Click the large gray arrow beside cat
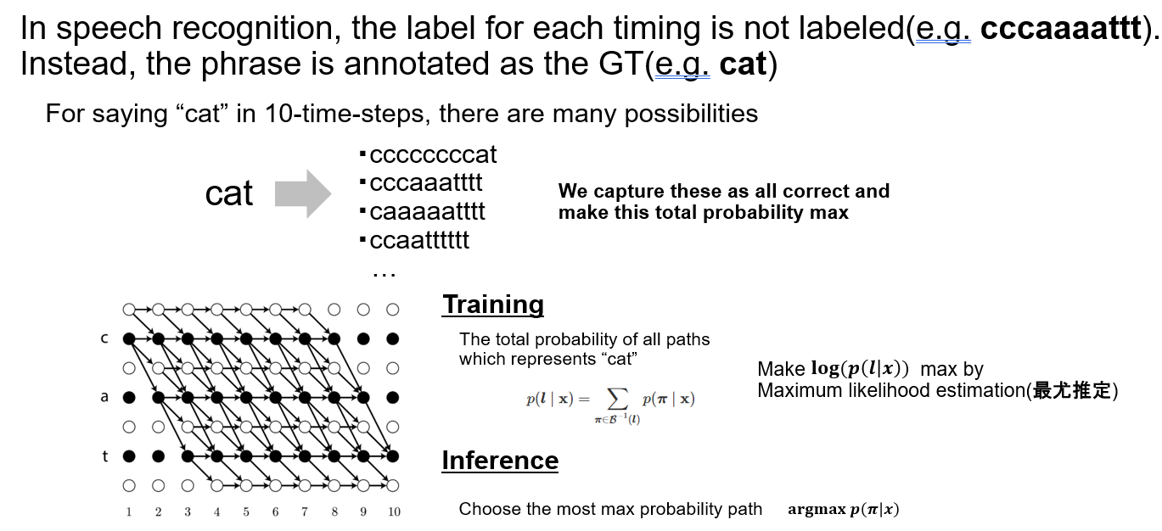pyautogui.click(x=303, y=194)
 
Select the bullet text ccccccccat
pyautogui.click(x=433, y=154)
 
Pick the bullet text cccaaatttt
pyautogui.click(x=426, y=182)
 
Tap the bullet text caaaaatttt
pyautogui.click(x=427, y=211)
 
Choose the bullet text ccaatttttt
pyautogui.click(x=419, y=240)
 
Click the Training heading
pyautogui.click(x=493, y=305)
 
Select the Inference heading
pyautogui.click(x=500, y=461)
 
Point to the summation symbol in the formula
pyautogui.click(x=617, y=400)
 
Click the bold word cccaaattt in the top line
pyautogui.click(x=1061, y=28)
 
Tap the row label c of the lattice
pyautogui.click(x=104, y=338)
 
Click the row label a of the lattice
pyautogui.click(x=104, y=397)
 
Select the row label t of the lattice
pyautogui.click(x=105, y=456)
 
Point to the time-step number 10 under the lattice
pyautogui.click(x=394, y=511)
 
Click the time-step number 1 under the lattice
pyautogui.click(x=129, y=511)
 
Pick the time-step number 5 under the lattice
pyautogui.click(x=246, y=511)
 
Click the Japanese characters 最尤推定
pyautogui.click(x=1072, y=390)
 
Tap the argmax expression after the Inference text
pyautogui.click(x=844, y=509)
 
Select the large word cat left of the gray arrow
pyautogui.click(x=229, y=194)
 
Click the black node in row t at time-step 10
pyautogui.click(x=393, y=456)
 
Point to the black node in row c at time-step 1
pyautogui.click(x=129, y=338)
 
